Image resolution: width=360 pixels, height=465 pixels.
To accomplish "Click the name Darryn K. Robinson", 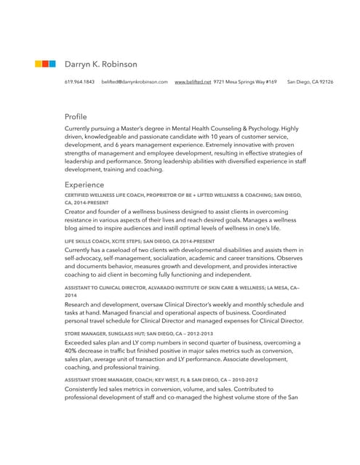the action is (x=100, y=64).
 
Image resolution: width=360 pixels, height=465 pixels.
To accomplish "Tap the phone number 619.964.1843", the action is (x=79, y=82).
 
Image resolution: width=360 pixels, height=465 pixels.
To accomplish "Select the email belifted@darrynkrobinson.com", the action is (x=135, y=82).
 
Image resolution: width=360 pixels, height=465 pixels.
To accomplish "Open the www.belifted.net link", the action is (x=193, y=82).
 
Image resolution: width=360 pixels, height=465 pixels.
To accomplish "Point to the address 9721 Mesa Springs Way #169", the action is (x=245, y=82).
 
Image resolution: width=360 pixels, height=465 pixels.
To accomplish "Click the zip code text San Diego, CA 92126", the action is (x=311, y=82).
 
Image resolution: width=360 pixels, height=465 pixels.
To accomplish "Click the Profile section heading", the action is (x=76, y=116).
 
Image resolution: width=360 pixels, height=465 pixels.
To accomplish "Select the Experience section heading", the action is (x=84, y=185).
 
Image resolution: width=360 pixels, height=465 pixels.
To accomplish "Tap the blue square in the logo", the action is (x=52, y=64).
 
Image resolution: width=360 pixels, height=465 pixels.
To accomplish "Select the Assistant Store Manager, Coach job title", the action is (x=161, y=380).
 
